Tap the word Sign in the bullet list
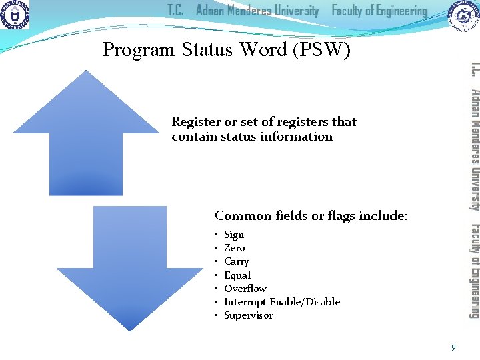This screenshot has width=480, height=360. tap(234, 235)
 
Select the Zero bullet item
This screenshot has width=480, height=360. tap(235, 248)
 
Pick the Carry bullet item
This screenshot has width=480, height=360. tap(237, 261)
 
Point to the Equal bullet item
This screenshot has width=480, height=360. tap(237, 275)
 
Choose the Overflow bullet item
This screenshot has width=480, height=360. tap(245, 288)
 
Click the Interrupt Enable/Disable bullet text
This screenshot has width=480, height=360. tap(282, 302)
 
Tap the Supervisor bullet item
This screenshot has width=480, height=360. tap(249, 315)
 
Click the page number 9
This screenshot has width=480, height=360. tap(453, 347)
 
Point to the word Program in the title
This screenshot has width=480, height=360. tap(138, 50)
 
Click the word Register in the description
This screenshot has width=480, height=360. tap(196, 122)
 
